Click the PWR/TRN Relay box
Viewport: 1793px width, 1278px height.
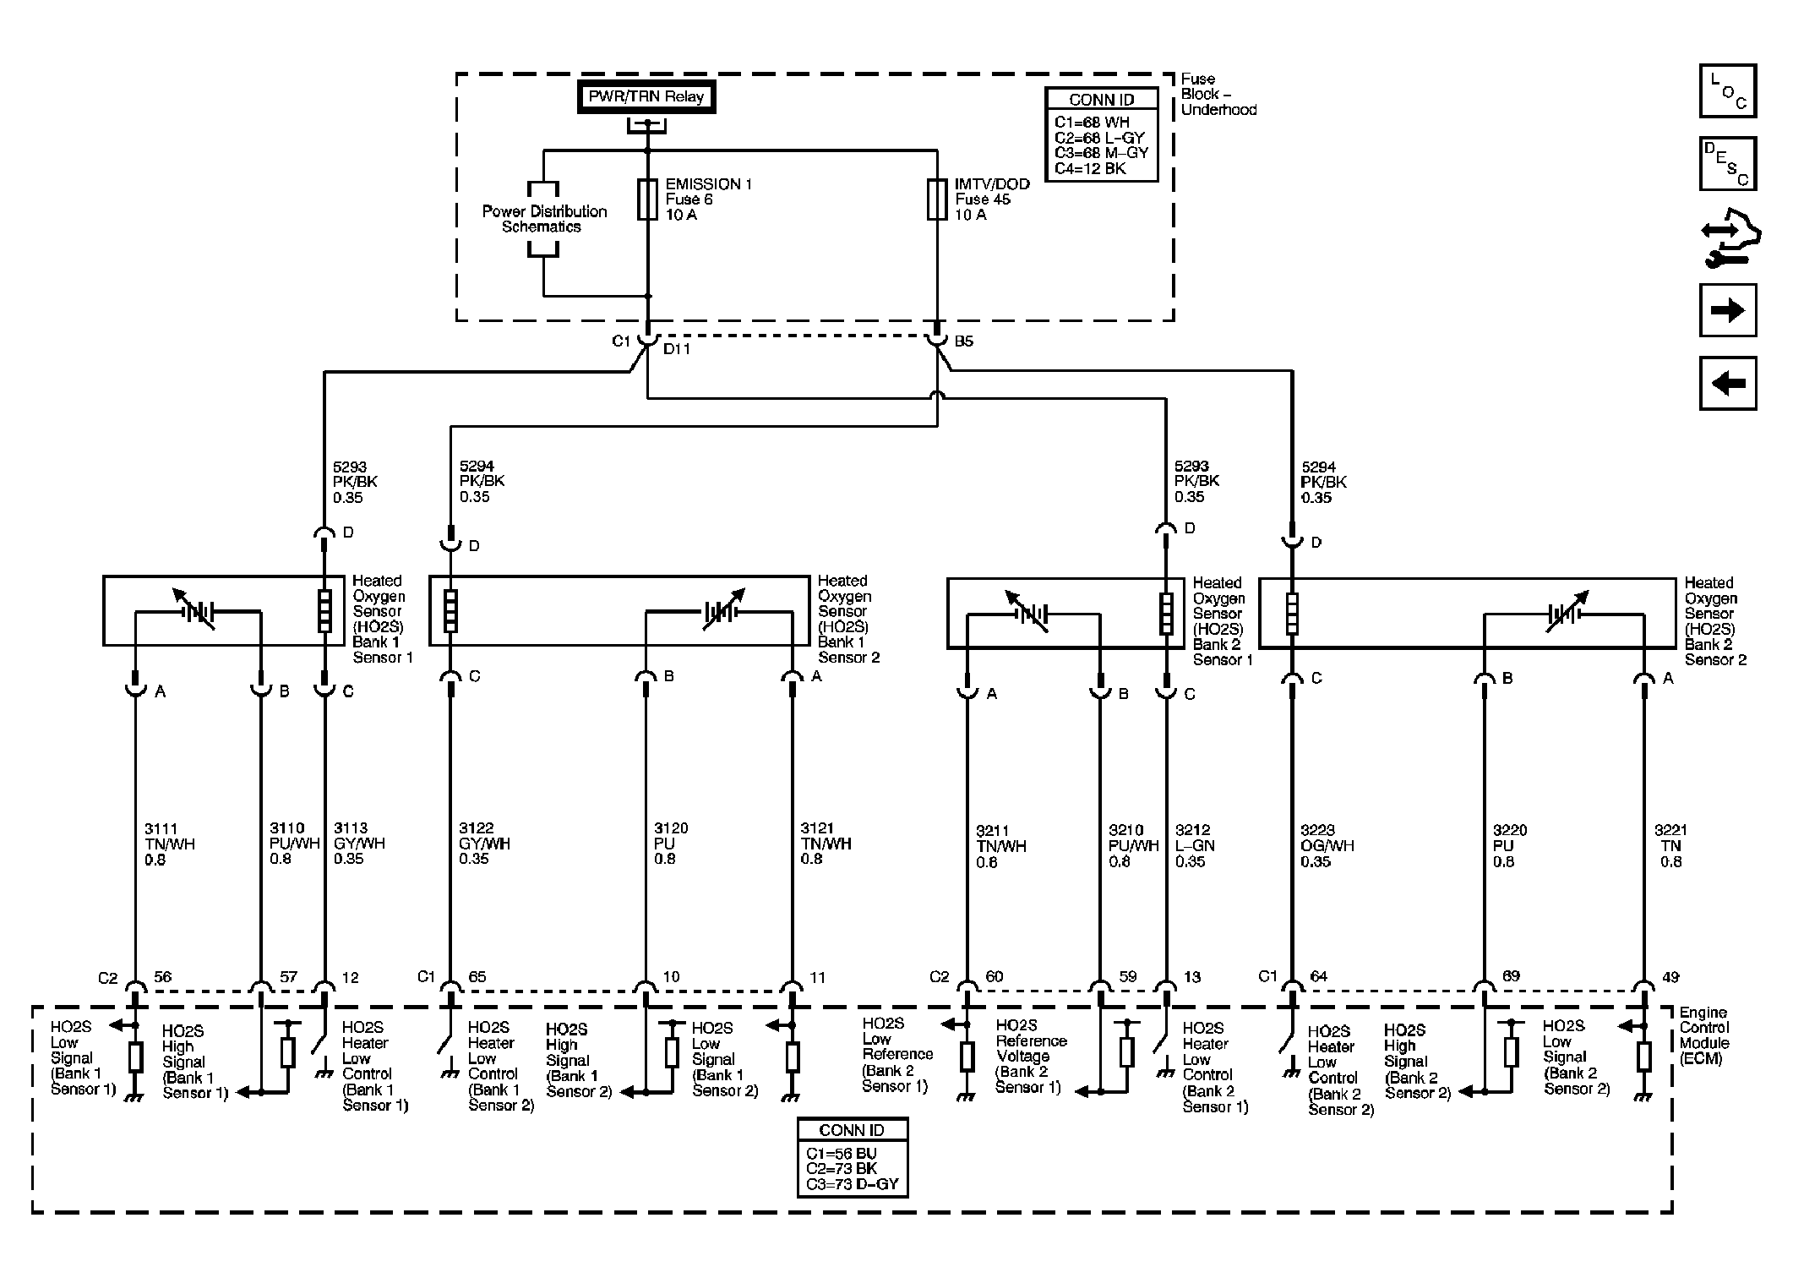pos(646,97)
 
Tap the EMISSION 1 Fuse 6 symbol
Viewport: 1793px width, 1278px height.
pos(647,199)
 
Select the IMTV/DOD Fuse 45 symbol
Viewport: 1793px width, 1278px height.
pos(937,199)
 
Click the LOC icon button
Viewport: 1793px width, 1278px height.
pos(1728,90)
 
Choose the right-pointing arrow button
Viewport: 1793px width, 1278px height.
pos(1728,310)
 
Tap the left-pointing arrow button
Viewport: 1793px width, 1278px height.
pos(1728,384)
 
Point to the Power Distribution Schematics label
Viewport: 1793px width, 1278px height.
pos(544,219)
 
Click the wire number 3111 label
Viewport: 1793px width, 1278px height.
pos(161,829)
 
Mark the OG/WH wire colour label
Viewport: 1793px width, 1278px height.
pos(1327,846)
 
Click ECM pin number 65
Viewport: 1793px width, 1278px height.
pos(477,977)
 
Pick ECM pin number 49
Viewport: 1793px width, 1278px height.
pos(1670,977)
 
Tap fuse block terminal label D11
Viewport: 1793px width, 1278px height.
pos(677,348)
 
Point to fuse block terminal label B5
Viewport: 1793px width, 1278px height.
pos(964,341)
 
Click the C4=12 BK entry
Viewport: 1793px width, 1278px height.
pos(1090,168)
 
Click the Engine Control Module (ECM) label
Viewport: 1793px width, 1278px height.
pos(1704,1035)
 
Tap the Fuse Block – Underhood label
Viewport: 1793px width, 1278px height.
pos(1218,94)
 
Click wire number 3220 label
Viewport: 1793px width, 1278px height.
pos(1510,831)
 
